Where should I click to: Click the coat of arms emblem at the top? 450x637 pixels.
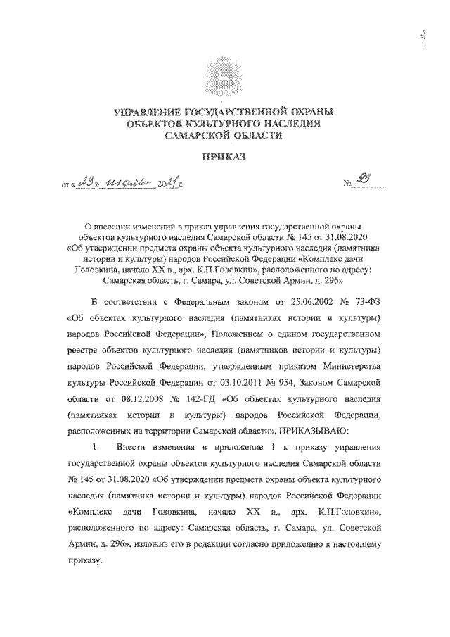tap(224, 75)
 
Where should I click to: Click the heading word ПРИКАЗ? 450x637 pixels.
tap(224, 160)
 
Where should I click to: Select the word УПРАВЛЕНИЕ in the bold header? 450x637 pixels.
tap(148, 112)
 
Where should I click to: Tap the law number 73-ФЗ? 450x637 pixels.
tap(366, 303)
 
